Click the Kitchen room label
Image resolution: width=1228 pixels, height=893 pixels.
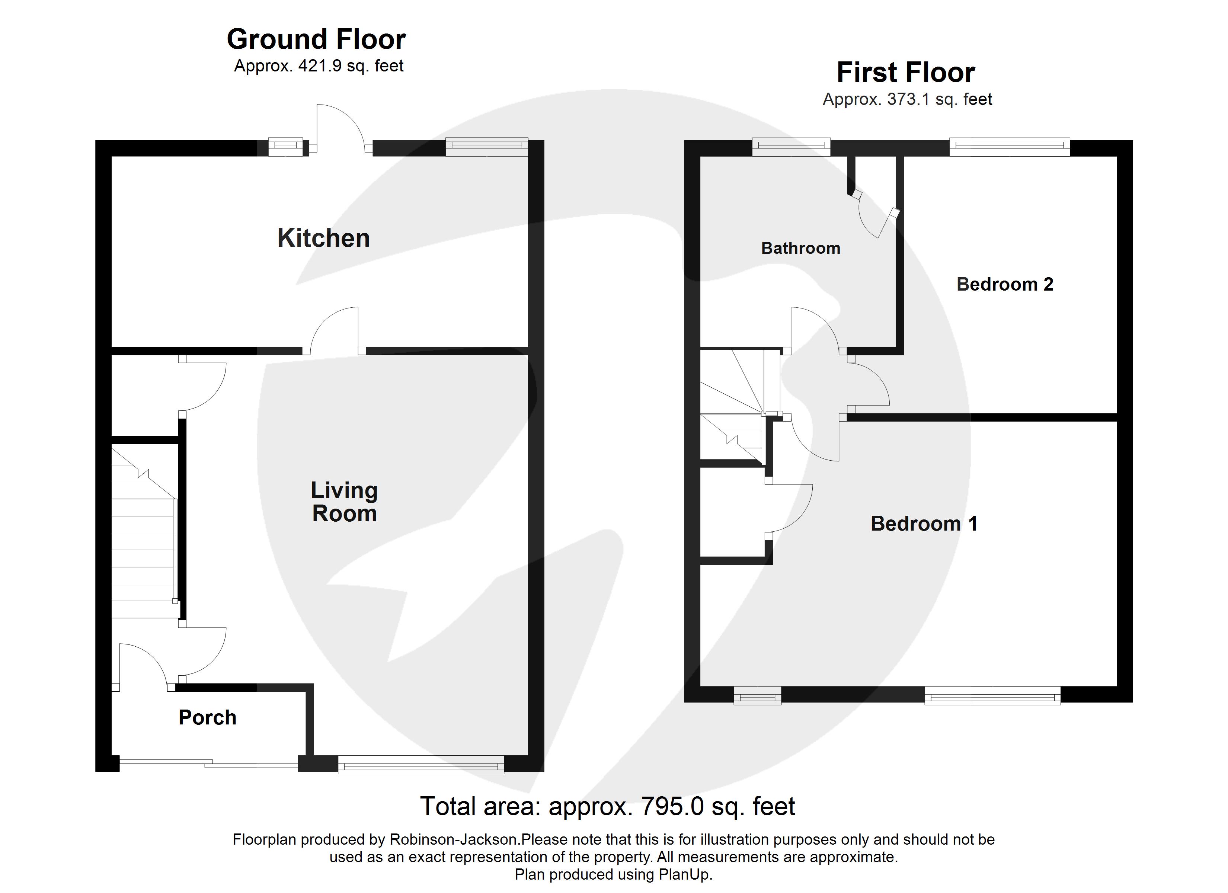[323, 238]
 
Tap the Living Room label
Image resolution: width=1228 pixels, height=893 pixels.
[344, 502]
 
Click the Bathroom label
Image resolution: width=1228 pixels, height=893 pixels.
[800, 248]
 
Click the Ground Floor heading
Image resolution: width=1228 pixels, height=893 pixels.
[316, 39]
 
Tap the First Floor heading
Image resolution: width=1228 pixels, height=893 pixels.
[906, 73]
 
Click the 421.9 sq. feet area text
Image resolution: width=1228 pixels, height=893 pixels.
[350, 66]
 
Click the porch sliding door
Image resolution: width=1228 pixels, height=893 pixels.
[208, 764]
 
